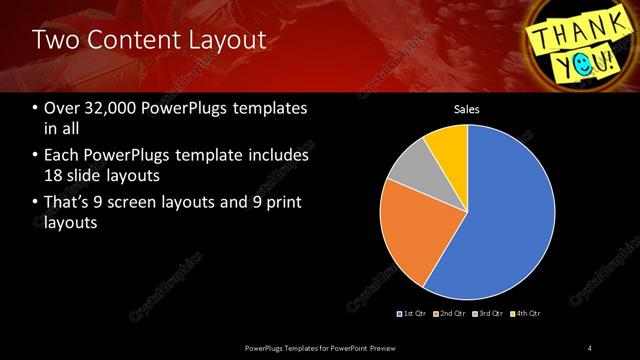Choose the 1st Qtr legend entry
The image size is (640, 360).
(x=413, y=314)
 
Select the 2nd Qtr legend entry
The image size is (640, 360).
(x=452, y=314)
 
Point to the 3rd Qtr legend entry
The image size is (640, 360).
(x=489, y=314)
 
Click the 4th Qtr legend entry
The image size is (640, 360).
(x=526, y=314)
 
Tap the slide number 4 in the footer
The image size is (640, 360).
(x=590, y=347)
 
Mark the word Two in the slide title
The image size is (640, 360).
(x=53, y=41)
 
